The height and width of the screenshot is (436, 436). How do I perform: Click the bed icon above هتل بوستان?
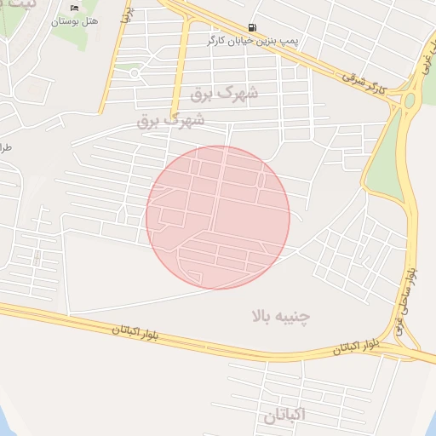(74, 8)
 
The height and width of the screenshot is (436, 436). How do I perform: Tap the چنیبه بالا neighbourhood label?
(280, 317)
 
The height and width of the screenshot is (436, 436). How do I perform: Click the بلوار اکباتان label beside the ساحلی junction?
(350, 347)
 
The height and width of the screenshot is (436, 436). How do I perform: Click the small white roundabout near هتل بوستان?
(135, 73)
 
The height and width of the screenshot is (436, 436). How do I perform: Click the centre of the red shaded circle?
(218, 217)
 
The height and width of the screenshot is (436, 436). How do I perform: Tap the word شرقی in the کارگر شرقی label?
(355, 77)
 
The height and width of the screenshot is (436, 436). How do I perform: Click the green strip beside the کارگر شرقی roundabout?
(387, 153)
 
